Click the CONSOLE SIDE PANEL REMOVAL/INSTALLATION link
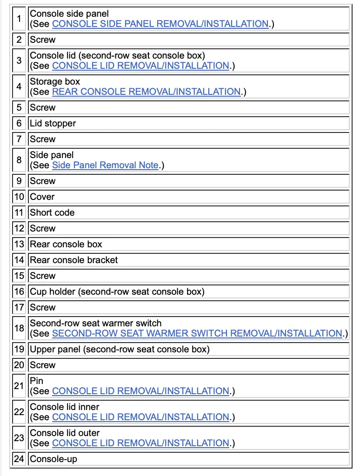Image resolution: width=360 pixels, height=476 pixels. point(160,24)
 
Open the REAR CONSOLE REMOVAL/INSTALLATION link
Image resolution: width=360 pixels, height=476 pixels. point(146,92)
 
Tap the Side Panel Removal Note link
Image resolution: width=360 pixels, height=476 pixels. point(105,165)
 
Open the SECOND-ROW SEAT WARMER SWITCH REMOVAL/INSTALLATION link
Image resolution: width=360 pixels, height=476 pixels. point(197,333)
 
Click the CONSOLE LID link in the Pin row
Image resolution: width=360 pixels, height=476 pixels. point(140,391)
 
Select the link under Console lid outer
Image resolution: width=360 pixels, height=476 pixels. point(140,443)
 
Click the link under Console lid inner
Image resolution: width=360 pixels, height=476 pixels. point(140,417)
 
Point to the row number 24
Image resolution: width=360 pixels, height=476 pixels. point(19,459)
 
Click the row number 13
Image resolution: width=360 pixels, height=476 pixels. point(19,244)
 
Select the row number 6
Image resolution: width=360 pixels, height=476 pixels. point(19,123)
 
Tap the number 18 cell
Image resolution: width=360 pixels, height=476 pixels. point(19,328)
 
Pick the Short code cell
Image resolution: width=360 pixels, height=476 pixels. point(52,212)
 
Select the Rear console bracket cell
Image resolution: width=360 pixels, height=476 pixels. point(74,260)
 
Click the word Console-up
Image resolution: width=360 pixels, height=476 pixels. point(53,459)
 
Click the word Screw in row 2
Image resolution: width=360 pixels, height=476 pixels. point(42,40)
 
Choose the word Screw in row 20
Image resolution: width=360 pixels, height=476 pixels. point(42,365)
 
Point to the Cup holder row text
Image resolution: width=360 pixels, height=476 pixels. point(117,291)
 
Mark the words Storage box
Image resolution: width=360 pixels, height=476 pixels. point(55,82)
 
